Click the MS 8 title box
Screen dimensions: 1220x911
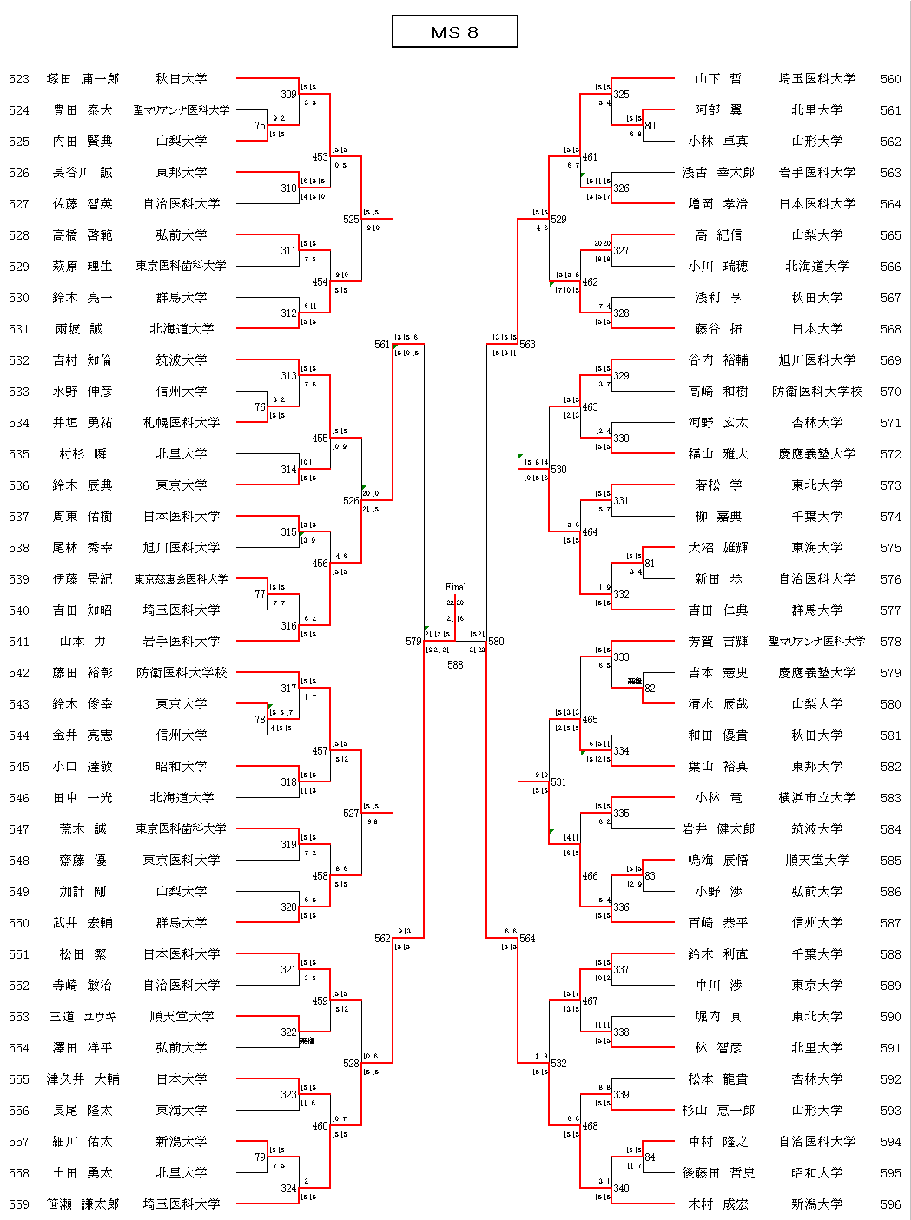pyautogui.click(x=454, y=32)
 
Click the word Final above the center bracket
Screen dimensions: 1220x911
pyautogui.click(x=455, y=587)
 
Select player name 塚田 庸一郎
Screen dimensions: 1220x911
pyautogui.click(x=83, y=79)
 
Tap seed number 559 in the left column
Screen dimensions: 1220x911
pyautogui.click(x=19, y=1204)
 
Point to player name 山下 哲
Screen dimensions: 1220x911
pyautogui.click(x=718, y=79)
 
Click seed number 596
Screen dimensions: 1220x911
pyautogui.click(x=890, y=1204)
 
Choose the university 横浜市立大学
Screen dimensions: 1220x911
pyautogui.click(x=816, y=798)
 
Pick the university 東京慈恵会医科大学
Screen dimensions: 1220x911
pyautogui.click(x=181, y=579)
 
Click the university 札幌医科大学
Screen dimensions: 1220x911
pyautogui.click(x=181, y=423)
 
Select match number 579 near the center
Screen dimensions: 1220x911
pyautogui.click(x=413, y=642)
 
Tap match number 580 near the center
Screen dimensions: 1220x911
pyautogui.click(x=496, y=642)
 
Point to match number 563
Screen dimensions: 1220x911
pyautogui.click(x=527, y=345)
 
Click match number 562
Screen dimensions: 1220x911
pyautogui.click(x=382, y=939)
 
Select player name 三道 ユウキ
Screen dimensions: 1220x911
pyautogui.click(x=83, y=1017)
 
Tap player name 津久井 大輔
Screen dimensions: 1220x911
pyautogui.click(x=83, y=1079)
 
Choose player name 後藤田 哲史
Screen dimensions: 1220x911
pyautogui.click(x=718, y=1173)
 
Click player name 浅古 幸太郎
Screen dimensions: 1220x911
pyautogui.click(x=718, y=173)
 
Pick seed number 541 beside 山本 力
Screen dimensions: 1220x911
pyautogui.click(x=19, y=642)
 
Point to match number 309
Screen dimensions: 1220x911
pyautogui.click(x=288, y=95)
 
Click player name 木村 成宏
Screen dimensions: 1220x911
pyautogui.click(x=718, y=1204)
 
